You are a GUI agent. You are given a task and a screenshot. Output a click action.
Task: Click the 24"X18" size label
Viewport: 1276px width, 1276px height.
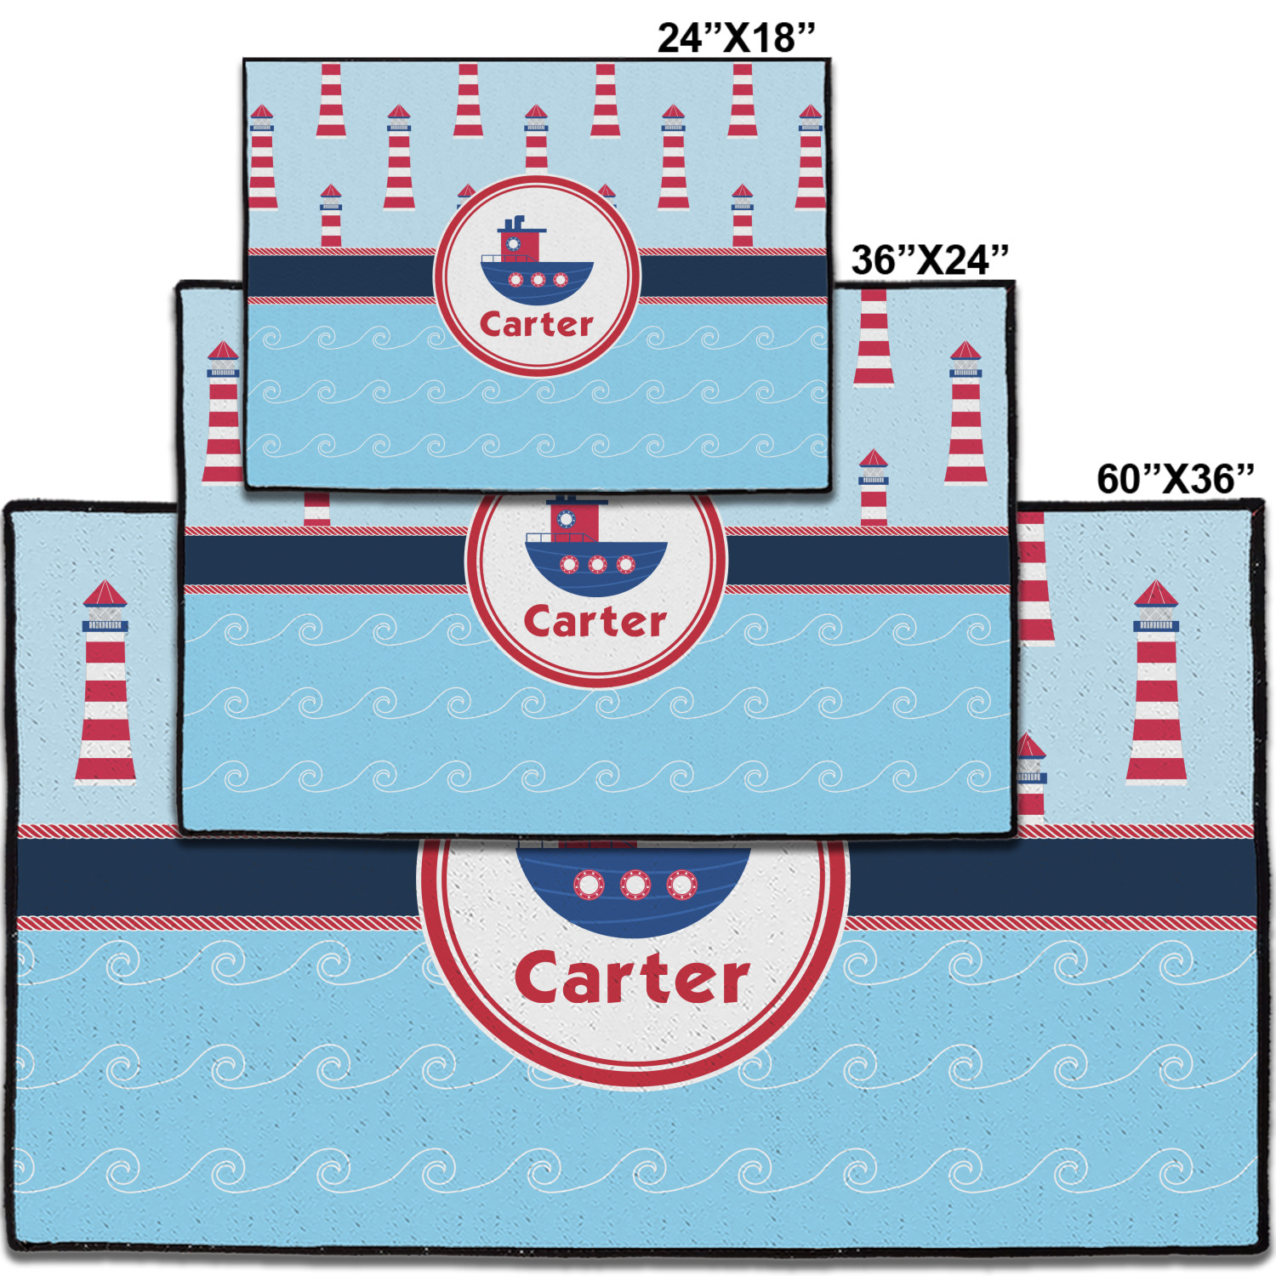[736, 37]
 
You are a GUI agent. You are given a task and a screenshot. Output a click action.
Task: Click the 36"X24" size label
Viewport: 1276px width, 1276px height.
[930, 259]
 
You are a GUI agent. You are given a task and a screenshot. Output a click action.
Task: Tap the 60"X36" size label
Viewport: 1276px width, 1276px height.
[1175, 479]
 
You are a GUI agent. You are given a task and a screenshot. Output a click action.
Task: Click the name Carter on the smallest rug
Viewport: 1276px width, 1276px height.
[536, 324]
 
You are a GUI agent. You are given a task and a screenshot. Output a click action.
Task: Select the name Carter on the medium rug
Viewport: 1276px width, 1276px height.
[595, 622]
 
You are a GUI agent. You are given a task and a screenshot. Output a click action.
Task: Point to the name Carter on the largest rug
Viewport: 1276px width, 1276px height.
[632, 978]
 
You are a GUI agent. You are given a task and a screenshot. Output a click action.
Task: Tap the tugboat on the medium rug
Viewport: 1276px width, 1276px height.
[595, 549]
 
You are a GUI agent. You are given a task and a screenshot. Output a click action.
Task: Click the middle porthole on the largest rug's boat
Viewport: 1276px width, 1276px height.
[635, 886]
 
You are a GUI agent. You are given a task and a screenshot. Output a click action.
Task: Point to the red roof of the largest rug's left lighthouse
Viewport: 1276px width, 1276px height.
[105, 593]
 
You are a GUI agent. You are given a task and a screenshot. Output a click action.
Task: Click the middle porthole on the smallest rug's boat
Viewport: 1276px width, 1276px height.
[538, 280]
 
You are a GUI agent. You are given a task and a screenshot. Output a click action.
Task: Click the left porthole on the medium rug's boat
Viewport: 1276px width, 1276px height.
[569, 564]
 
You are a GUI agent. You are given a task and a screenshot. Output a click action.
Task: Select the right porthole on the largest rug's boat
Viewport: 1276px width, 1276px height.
[681, 886]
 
